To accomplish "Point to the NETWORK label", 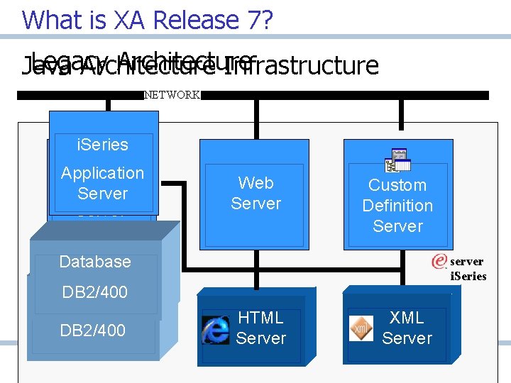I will (172, 95).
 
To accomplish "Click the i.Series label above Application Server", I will (102, 145).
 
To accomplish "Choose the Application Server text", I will (102, 183).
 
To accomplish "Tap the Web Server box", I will (255, 193).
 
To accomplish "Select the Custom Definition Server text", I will (397, 206).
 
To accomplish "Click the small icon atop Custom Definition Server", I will (397, 161).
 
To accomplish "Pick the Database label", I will (95, 262).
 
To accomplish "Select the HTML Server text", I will (260, 328).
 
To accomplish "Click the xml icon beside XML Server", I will (361, 328).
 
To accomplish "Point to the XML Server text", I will (407, 328).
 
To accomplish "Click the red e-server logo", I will (439, 261).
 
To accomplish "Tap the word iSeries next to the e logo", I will (468, 277).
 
